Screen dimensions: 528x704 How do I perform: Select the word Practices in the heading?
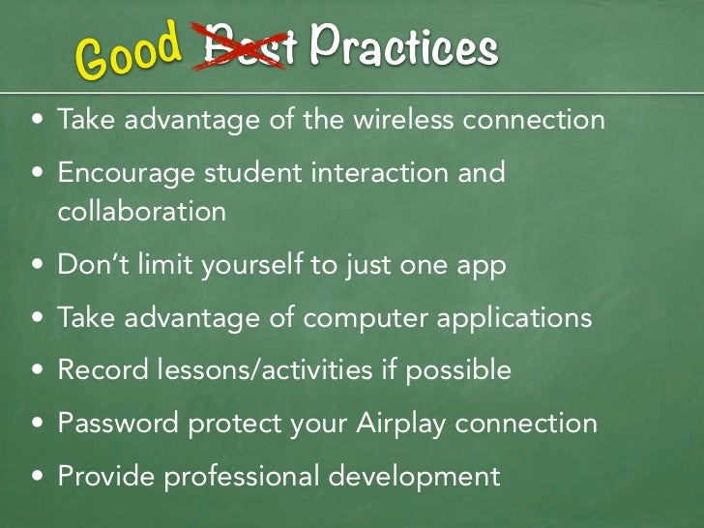click(404, 46)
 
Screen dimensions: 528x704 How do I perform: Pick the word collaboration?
click(142, 211)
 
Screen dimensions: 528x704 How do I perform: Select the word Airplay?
click(405, 424)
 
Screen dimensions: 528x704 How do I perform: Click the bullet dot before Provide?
click(37, 477)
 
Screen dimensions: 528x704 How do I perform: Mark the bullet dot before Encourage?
click(37, 175)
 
